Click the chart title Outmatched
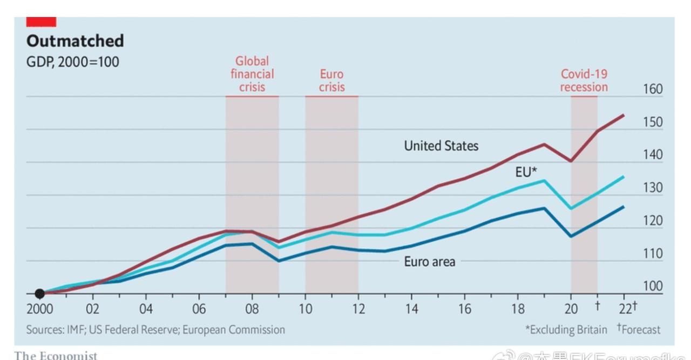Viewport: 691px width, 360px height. point(75,41)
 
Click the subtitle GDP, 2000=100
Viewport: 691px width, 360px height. point(73,62)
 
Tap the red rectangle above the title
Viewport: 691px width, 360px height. point(42,22)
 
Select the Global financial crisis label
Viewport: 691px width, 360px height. point(252,74)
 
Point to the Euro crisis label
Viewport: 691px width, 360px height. point(331,80)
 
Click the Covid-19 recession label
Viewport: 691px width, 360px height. point(584,80)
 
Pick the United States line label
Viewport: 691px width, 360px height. point(441,146)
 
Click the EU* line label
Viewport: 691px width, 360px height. point(526,172)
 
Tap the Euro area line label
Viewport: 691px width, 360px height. point(430,262)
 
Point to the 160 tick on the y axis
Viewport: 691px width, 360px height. point(653,89)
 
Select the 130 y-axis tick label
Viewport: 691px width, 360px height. point(653,188)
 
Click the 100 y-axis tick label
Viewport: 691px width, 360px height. point(653,286)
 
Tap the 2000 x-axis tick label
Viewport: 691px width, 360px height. point(39,309)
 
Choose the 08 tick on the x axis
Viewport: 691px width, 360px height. point(252,309)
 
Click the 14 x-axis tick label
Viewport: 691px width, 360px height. point(411,309)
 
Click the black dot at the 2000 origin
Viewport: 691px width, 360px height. point(39,294)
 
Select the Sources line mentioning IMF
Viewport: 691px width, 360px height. point(155,329)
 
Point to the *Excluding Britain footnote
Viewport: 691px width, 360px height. point(566,329)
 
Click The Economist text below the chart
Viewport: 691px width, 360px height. point(56,355)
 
